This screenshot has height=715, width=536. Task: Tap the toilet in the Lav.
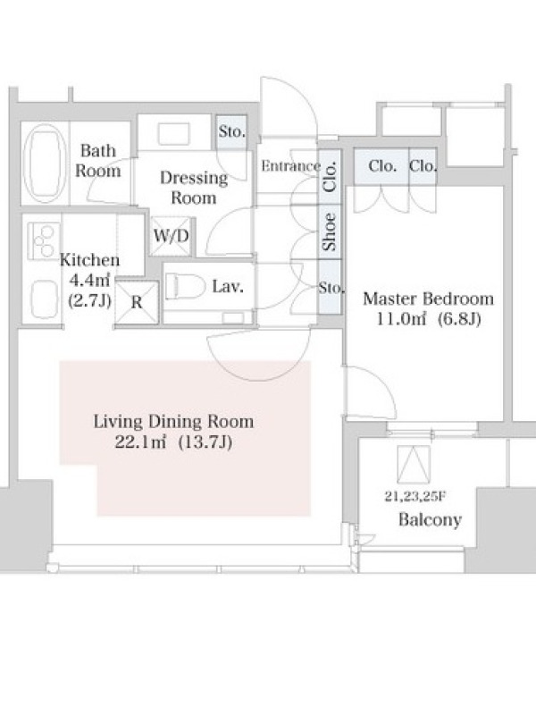pos(183,287)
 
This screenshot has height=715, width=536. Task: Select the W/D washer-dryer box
pos(171,236)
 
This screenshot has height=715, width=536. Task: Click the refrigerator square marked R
pos(137,302)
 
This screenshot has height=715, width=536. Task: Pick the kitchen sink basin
pos(45,299)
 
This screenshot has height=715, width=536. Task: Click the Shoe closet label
pos(329,232)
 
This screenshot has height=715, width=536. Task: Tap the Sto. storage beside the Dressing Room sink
pos(232,131)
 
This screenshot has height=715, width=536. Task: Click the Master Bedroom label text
pos(428,299)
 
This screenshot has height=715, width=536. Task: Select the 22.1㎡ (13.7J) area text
pos(173,442)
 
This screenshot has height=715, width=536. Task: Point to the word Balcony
pos(430,519)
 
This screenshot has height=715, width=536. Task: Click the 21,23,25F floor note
pos(414,497)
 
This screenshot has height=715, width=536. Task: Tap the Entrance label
pos(290,165)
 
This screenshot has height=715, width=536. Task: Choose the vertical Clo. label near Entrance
pos(330,176)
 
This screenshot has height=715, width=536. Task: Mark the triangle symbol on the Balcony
pos(414,464)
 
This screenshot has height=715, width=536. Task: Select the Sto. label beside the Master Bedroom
pos(331,288)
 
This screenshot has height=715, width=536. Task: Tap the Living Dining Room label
pos(173,422)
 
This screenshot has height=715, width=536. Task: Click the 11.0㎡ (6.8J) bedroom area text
pos(428,319)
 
